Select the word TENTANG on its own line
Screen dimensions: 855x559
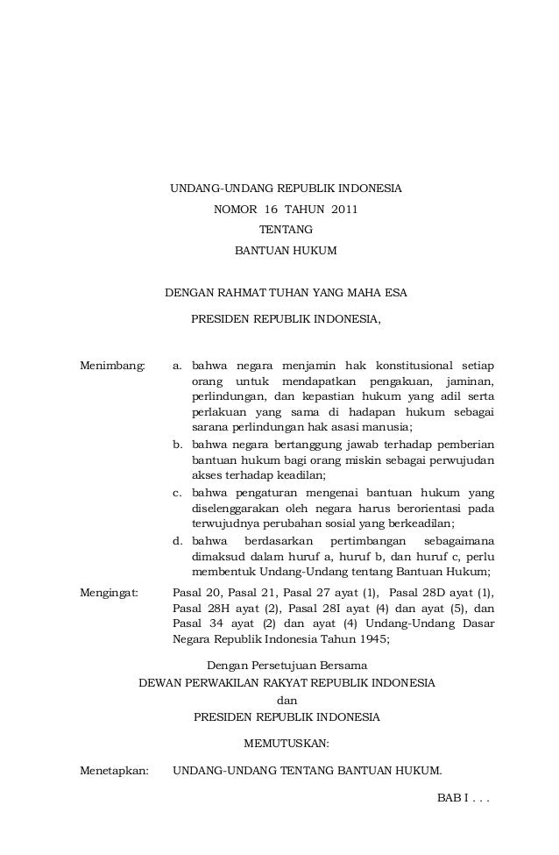(286, 230)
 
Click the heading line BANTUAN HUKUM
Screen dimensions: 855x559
(286, 251)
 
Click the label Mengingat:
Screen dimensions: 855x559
(110, 593)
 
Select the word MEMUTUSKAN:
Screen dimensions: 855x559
(286, 745)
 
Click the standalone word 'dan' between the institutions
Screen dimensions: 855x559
(286, 700)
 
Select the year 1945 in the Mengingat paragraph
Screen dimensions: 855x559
(371, 639)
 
